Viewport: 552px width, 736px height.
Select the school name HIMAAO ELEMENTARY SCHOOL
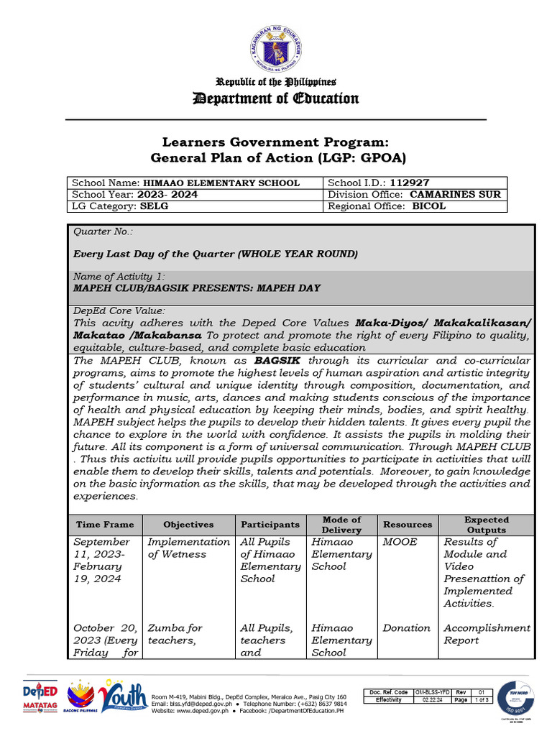pos(221,183)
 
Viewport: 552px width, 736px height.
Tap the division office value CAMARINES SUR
pos(455,194)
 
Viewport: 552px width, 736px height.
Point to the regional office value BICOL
pos(428,206)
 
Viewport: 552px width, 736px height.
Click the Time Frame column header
pos(105,525)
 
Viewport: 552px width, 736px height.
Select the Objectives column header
pos(188,525)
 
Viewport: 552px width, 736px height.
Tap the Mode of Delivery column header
pos(341,525)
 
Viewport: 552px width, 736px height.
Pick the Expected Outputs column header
pos(486,525)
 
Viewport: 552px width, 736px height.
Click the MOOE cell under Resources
pos(400,542)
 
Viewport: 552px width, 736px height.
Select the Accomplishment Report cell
pos(487,634)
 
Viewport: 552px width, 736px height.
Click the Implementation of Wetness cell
pos(188,548)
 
